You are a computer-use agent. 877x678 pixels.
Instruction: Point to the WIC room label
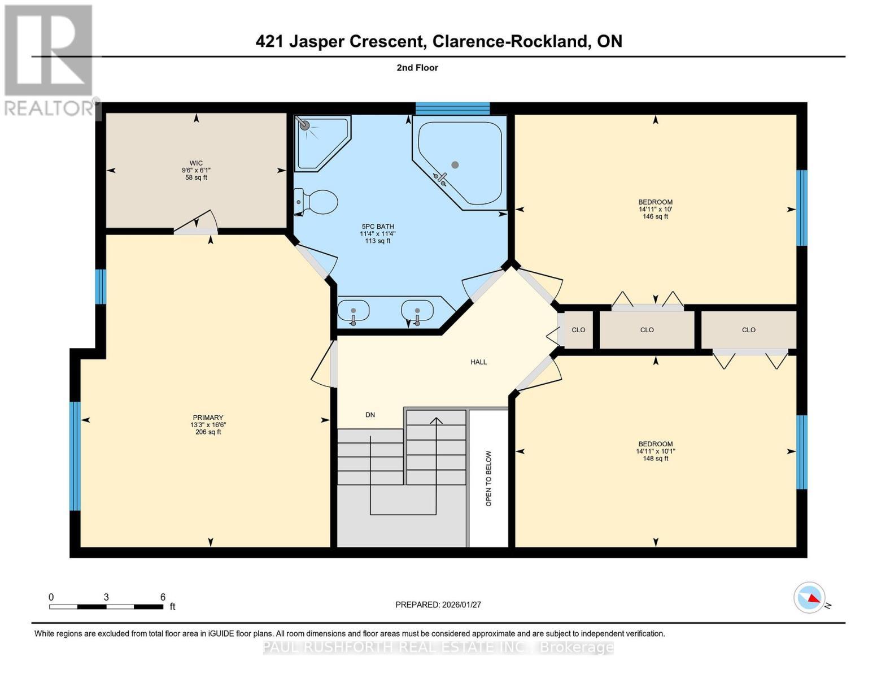196,163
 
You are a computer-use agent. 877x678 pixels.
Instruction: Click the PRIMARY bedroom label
208,418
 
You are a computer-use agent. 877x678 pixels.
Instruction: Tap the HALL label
478,362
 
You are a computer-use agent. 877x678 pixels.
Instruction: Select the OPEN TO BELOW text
489,478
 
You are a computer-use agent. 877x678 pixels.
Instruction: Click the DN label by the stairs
370,415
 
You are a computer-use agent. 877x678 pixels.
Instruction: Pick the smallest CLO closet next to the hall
578,329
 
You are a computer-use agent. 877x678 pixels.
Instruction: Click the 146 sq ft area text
655,216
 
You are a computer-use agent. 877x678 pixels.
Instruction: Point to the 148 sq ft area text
655,458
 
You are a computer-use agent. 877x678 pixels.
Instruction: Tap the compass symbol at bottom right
809,597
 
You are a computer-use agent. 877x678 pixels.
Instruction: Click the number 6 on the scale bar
163,597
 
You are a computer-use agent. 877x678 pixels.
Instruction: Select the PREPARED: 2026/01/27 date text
438,605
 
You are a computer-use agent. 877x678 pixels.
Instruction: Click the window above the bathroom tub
452,108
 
